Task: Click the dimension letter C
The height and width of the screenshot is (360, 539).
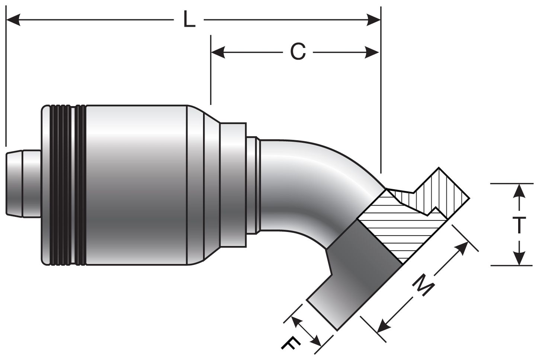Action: [x=298, y=52]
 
